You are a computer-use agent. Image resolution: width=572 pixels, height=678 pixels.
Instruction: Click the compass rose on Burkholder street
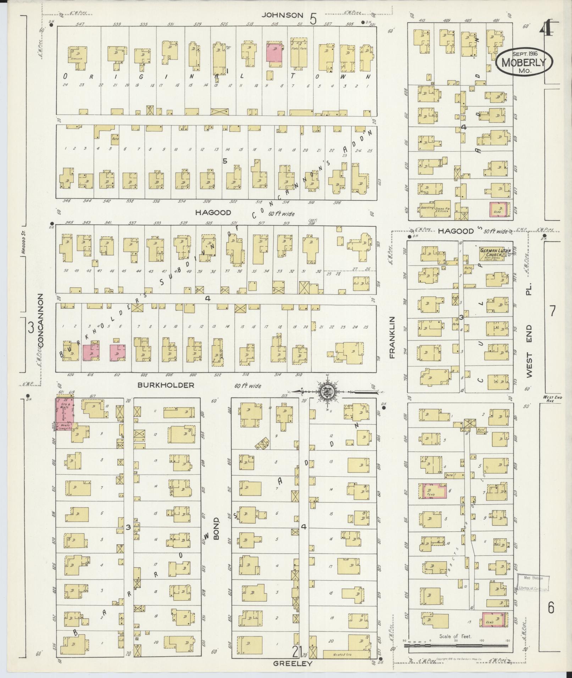326,392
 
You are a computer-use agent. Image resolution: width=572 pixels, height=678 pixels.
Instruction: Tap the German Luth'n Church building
493,252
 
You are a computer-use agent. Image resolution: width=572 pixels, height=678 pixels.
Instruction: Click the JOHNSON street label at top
283,15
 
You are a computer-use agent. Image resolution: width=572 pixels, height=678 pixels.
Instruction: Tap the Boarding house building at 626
428,209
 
